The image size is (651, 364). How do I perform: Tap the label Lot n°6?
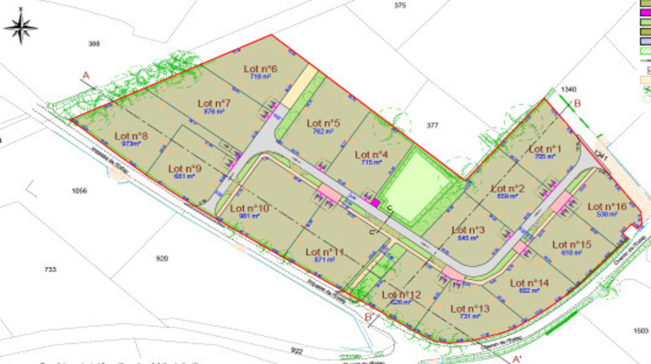point(260,69)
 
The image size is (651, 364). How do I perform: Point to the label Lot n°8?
point(130,137)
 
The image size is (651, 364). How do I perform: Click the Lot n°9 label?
point(185,169)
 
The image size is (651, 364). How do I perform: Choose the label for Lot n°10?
point(250,209)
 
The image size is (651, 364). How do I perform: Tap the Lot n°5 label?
point(323,124)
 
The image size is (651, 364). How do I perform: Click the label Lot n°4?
point(371,155)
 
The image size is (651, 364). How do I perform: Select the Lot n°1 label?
point(545,149)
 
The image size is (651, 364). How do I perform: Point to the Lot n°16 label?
point(607,206)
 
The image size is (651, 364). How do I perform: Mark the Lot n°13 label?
point(470,309)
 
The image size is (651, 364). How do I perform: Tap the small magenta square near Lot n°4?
point(376,202)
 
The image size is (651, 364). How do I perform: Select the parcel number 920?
point(161,258)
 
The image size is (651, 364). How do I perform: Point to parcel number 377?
point(432,126)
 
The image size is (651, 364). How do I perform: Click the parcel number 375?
point(399,6)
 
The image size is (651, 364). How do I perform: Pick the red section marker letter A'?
point(516,357)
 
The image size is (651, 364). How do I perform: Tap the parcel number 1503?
point(641,329)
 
